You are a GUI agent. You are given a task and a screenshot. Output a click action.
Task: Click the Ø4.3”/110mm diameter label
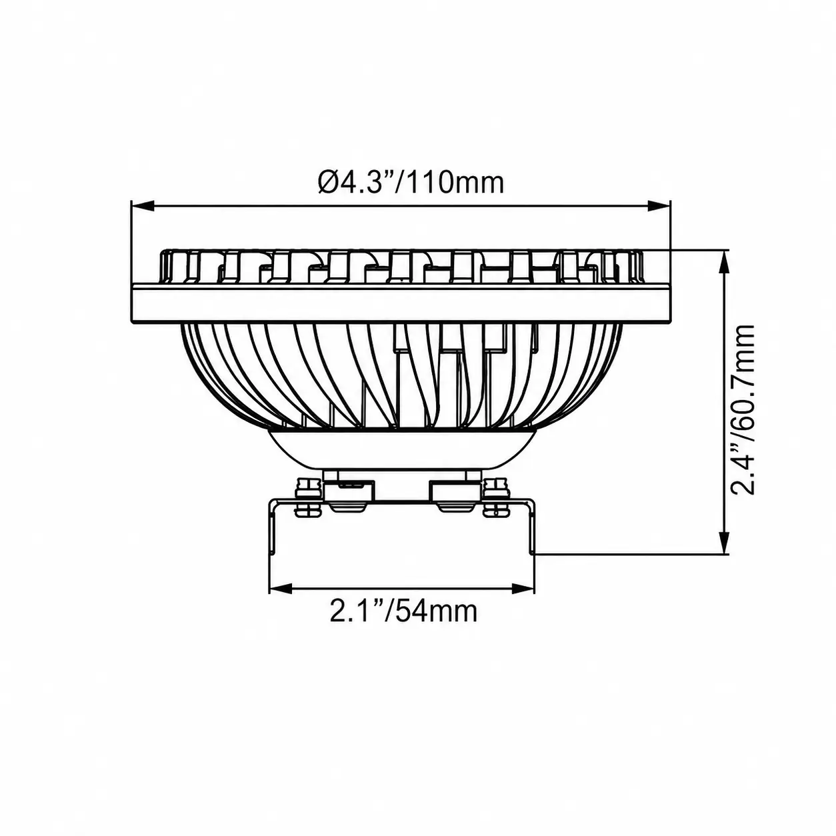[x=411, y=183]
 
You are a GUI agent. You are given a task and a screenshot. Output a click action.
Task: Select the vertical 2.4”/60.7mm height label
[x=742, y=409]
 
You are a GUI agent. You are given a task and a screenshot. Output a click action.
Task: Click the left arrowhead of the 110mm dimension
[x=143, y=206]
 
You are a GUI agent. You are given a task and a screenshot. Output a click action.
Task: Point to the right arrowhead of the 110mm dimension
[x=659, y=206]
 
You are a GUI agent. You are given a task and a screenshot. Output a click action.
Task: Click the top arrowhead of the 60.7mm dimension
[x=723, y=262]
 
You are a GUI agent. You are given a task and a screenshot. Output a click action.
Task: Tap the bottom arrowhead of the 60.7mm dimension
[x=723, y=542]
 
